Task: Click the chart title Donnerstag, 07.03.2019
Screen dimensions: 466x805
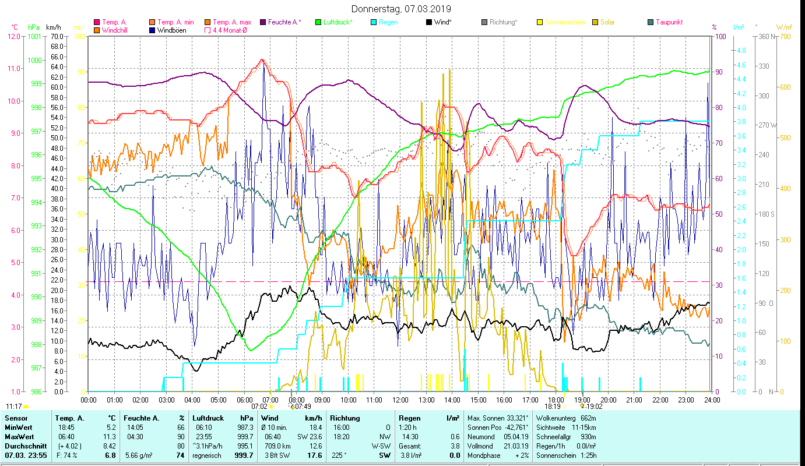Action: pyautogui.click(x=402, y=9)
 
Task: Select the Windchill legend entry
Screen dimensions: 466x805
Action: pyautogui.click(x=117, y=30)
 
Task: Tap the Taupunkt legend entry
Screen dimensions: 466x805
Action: pyautogui.click(x=669, y=22)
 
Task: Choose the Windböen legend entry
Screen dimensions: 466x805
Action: pyautogui.click(x=171, y=30)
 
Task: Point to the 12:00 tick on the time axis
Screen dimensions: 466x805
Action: pyautogui.click(x=400, y=400)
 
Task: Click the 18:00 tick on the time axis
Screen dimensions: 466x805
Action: pyautogui.click(x=556, y=400)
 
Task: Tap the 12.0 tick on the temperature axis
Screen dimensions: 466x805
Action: pyautogui.click(x=13, y=36)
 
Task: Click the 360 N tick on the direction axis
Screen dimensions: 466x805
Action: pyautogui.click(x=765, y=36)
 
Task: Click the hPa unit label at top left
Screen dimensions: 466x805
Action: pyautogui.click(x=34, y=27)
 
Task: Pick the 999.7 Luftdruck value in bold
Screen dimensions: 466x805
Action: pyautogui.click(x=243, y=455)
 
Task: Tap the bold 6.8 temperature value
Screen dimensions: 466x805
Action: pyautogui.click(x=112, y=455)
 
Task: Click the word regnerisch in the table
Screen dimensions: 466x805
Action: pyautogui.click(x=206, y=455)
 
